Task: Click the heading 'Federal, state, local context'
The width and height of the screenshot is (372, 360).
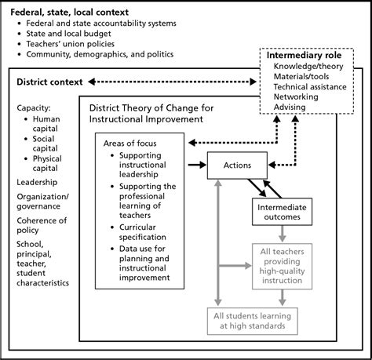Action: (x=75, y=10)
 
